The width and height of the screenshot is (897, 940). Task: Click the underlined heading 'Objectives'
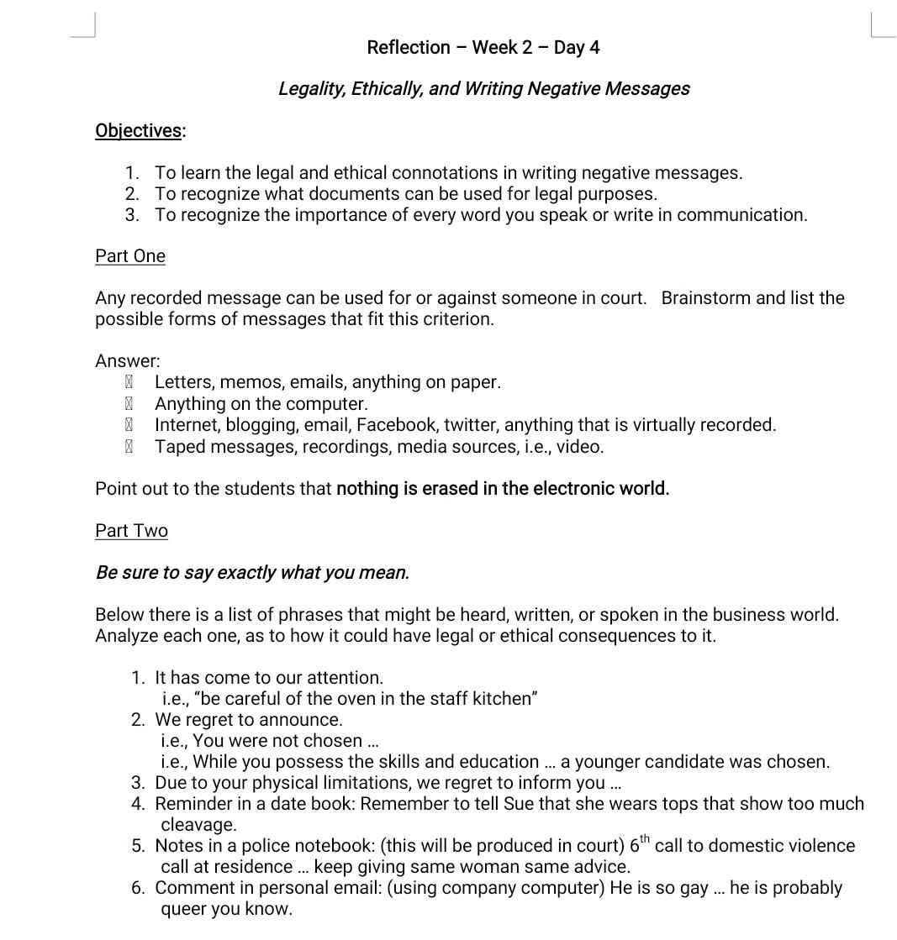tap(138, 130)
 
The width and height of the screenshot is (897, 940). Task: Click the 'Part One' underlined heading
tap(130, 256)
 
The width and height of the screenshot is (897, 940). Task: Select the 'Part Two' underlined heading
tap(131, 531)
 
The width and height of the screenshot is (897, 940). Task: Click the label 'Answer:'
tap(128, 361)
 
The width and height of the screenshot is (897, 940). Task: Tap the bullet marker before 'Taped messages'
tap(129, 447)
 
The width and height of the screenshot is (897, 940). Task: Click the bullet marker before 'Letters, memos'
tap(129, 382)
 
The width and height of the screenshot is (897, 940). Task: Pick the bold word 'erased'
tap(450, 489)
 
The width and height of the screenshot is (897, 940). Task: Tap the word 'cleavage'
tap(197, 825)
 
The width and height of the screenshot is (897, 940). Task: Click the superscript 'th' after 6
tap(645, 840)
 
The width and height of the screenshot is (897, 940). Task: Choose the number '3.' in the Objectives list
tap(132, 215)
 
